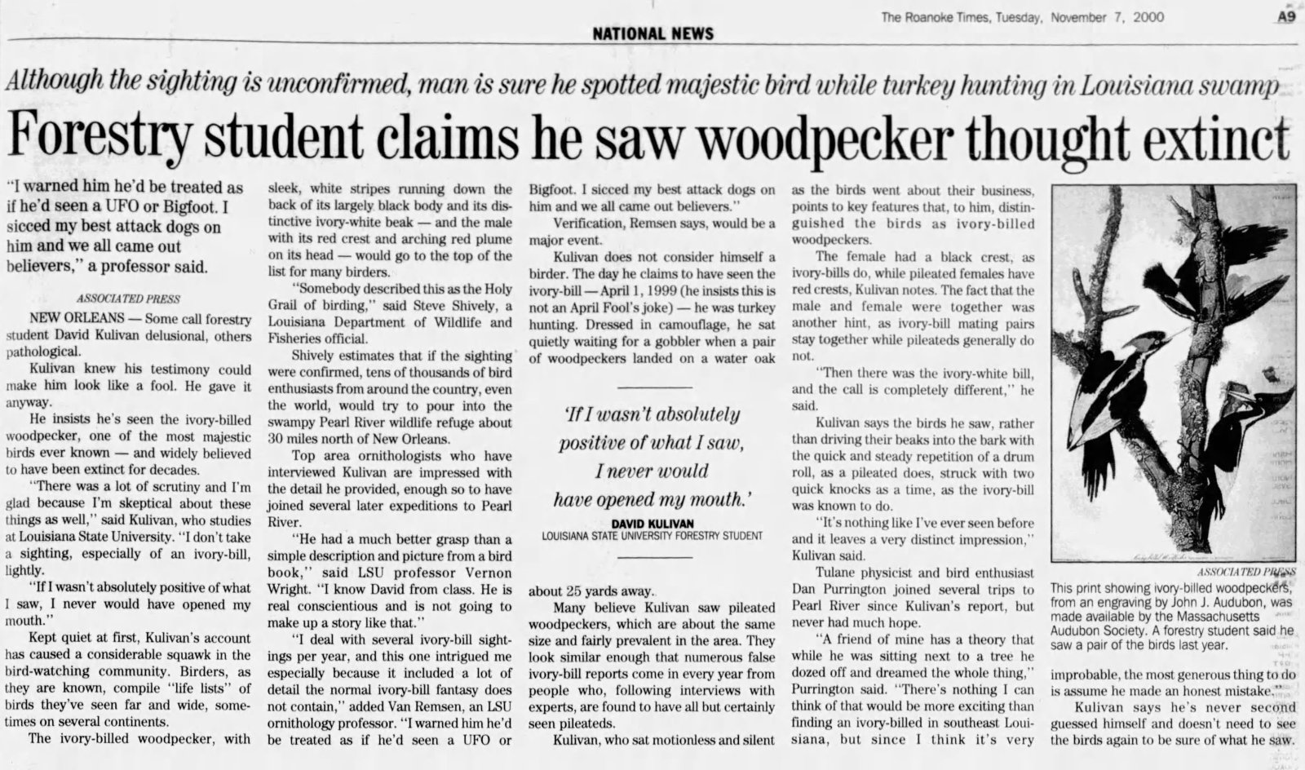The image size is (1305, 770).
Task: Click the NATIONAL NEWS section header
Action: pos(652,33)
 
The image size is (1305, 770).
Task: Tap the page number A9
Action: pos(1285,17)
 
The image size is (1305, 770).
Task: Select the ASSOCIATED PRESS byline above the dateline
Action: pos(128,299)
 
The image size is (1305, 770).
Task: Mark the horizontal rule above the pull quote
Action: pos(652,386)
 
